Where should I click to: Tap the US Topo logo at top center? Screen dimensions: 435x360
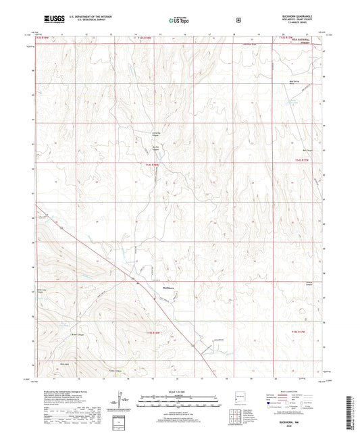tap(179, 20)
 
